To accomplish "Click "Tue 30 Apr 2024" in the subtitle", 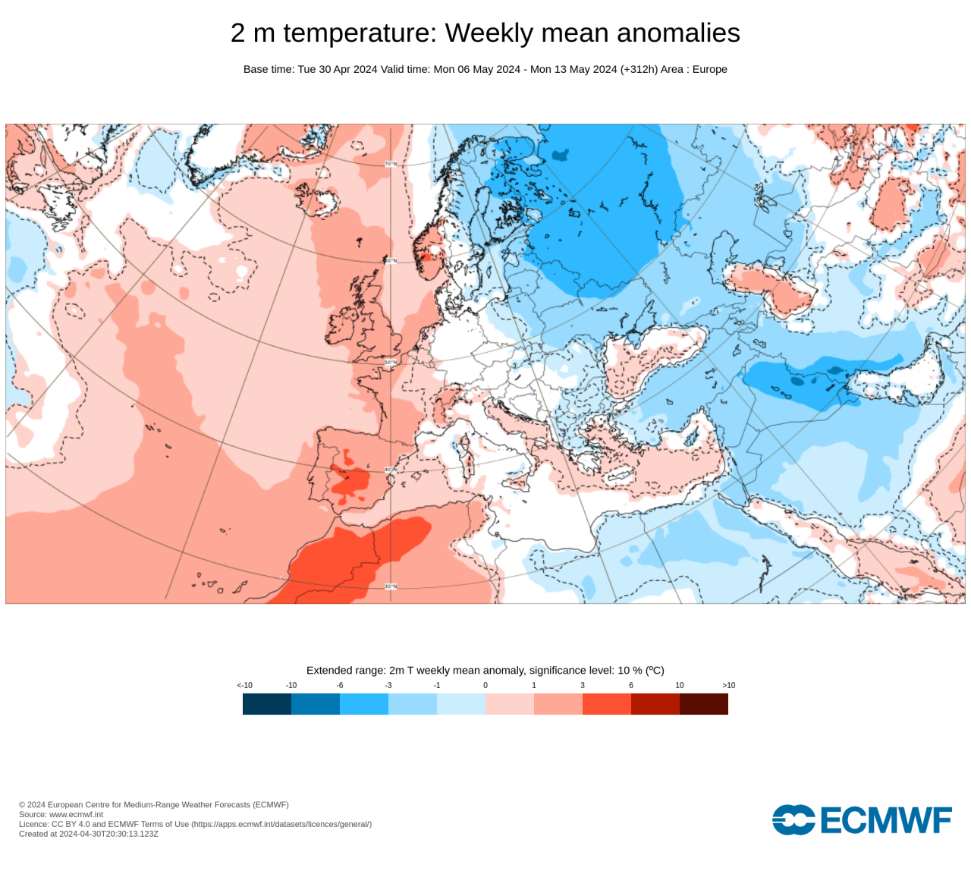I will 338,69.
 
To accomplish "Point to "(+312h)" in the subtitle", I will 639,69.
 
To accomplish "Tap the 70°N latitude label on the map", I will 390,164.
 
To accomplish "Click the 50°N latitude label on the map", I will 390,363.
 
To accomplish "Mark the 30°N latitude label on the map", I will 390,586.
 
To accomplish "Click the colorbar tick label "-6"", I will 340,685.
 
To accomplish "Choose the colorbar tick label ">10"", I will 728,685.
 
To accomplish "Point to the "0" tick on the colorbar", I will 485,685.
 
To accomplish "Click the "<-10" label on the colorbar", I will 244,685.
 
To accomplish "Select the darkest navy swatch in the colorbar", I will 267,704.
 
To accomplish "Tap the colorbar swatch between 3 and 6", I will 607,704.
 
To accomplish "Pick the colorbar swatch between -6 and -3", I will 364,704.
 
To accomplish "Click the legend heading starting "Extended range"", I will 485,670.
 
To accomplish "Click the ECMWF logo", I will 862,820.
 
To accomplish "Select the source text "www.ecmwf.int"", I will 76,814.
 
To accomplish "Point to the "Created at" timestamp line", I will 89,834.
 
